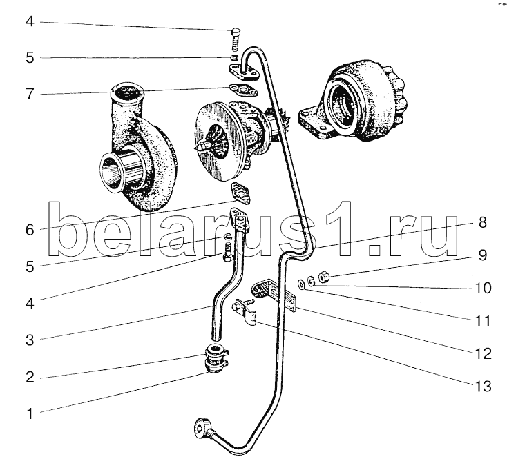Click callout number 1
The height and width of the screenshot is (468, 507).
30,413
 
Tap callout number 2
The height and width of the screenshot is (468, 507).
30,377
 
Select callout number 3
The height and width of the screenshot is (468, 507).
30,340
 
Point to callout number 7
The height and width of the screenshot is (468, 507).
30,94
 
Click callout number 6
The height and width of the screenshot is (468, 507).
30,230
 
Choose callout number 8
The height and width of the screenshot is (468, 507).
482,222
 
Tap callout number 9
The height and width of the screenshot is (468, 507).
482,255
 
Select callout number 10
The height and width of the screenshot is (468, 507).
483,288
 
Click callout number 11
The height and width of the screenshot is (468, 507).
483,321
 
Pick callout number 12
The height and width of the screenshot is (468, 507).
484,353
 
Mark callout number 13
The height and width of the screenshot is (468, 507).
484,387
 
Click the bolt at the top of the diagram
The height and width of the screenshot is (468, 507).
236,39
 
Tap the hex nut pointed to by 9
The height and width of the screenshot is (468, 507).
324,277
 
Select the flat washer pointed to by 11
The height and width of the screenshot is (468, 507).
301,285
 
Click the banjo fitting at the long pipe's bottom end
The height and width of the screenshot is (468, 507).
204,428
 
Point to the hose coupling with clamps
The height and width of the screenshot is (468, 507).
215,359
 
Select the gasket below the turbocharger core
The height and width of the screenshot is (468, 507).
240,193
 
